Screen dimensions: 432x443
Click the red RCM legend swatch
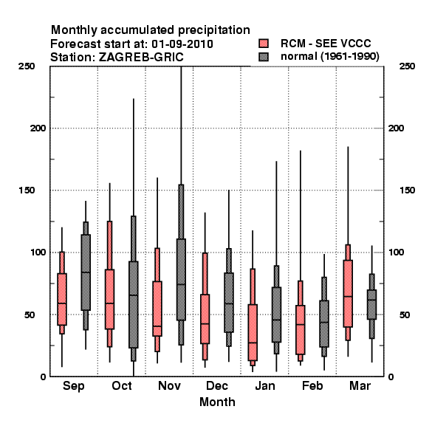[264, 44]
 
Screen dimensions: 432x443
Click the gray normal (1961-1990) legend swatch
[264, 57]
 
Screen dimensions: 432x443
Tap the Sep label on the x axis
[73, 386]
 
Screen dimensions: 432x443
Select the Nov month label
[169, 385]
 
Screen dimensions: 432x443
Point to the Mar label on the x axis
[360, 385]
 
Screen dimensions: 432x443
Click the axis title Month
[217, 402]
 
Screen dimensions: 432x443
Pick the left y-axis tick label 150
[27, 190]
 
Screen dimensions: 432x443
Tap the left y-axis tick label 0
[43, 377]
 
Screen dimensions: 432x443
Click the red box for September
[62, 299]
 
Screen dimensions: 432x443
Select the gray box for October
[134, 304]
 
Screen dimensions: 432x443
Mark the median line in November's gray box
[181, 284]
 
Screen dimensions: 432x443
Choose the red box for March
[348, 294]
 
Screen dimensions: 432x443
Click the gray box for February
[324, 323]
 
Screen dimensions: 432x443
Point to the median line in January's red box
[253, 343]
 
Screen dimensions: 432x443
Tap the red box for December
[205, 319]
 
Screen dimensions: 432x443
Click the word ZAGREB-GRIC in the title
[141, 58]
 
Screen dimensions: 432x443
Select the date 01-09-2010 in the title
[182, 44]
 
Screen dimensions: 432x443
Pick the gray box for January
[276, 315]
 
